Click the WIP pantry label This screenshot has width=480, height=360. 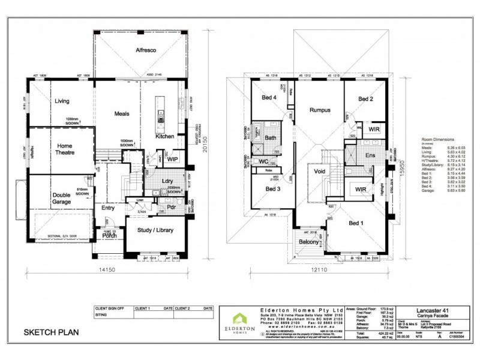pyautogui.click(x=172, y=159)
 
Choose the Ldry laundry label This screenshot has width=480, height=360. pyautogui.click(x=167, y=181)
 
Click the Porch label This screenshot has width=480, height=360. pyautogui.click(x=109, y=235)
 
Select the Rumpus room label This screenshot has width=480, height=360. pyautogui.click(x=320, y=110)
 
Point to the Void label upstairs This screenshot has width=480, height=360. pyautogui.click(x=319, y=170)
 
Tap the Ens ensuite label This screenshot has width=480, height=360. pyautogui.click(x=370, y=155)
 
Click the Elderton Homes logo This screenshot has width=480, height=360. pyautogui.click(x=239, y=322)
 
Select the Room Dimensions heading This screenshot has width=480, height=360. pyautogui.click(x=439, y=138)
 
